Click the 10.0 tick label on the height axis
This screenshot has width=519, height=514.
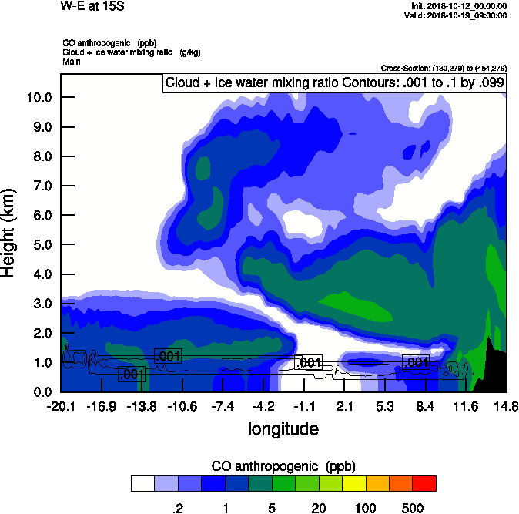(39, 97)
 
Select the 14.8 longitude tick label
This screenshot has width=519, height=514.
(506, 407)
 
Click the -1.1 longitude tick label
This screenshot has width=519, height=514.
(305, 407)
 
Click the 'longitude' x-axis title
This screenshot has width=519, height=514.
(283, 428)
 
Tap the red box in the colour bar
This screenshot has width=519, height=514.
(424, 483)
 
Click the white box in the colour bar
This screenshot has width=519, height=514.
(142, 483)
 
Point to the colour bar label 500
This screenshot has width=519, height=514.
(413, 508)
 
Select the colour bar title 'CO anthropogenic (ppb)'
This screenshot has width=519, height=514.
(283, 466)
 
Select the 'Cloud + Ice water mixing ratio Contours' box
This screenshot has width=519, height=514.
(333, 83)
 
